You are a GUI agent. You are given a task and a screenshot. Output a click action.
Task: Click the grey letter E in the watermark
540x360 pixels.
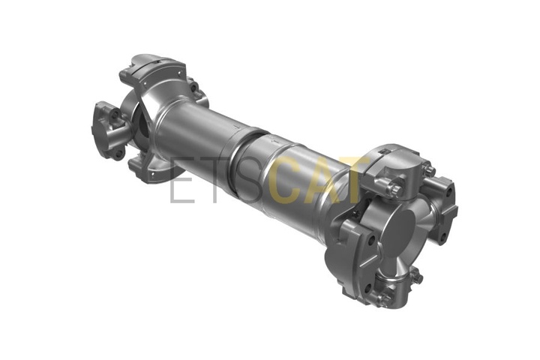pyautogui.click(x=182, y=181)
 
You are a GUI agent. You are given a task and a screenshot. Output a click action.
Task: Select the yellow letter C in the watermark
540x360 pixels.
pyautogui.click(x=286, y=181)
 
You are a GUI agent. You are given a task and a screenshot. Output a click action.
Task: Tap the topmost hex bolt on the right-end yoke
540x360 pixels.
pyautogui.click(x=429, y=169)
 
